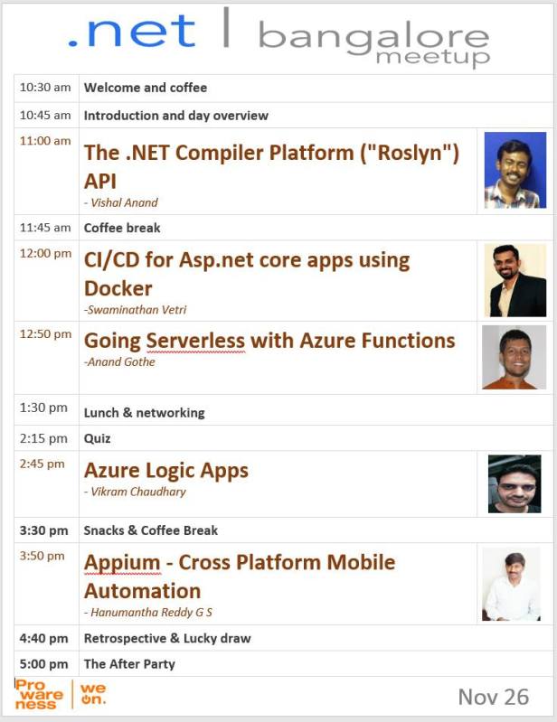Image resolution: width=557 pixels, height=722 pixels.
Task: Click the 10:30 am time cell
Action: click(44, 88)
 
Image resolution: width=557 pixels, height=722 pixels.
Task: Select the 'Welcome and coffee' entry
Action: click(145, 88)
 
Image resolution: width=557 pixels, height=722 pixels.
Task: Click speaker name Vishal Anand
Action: click(126, 202)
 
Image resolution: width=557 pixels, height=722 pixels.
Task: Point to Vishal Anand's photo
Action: click(515, 170)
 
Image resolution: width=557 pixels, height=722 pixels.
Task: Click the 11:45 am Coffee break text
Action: click(122, 228)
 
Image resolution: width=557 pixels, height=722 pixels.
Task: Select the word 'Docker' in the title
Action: click(118, 288)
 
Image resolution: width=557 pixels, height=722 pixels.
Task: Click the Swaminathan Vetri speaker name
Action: click(136, 310)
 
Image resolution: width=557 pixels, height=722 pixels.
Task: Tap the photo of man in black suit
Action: click(515, 280)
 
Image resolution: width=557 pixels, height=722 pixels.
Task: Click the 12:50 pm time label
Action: click(45, 334)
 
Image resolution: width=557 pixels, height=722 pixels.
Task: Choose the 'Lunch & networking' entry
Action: click(144, 413)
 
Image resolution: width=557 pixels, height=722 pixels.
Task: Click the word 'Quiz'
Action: click(97, 438)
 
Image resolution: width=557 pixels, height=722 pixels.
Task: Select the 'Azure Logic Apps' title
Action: click(165, 470)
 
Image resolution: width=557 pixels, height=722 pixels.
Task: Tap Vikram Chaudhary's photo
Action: click(515, 483)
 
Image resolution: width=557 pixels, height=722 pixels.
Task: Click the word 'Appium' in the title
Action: click(120, 562)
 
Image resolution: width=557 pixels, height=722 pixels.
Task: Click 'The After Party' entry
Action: click(129, 664)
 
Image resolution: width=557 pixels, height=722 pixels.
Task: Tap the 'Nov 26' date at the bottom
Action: click(493, 697)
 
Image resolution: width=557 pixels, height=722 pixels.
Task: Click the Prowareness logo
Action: click(39, 695)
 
